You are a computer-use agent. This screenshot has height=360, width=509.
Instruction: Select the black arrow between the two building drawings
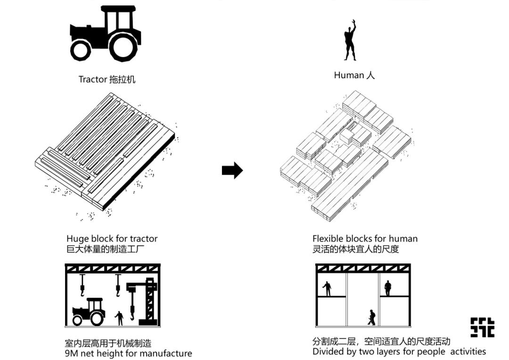[232, 170]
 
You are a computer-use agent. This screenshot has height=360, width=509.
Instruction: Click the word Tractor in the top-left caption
[92, 79]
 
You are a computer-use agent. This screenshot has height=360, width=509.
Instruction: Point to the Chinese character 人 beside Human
[370, 75]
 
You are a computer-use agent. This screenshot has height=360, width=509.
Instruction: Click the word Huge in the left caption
[77, 239]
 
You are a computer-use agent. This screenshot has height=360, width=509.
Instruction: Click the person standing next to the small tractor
[119, 318]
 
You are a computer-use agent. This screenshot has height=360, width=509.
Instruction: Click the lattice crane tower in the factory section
[150, 302]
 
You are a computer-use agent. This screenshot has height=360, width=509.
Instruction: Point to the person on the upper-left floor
[327, 288]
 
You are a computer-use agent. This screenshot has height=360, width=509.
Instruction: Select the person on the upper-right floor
[387, 288]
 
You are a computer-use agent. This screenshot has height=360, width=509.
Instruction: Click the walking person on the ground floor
[371, 317]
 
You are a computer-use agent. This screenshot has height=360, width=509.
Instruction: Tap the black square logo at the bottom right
[482, 327]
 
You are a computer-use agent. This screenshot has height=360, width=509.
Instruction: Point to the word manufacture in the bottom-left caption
[166, 353]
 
